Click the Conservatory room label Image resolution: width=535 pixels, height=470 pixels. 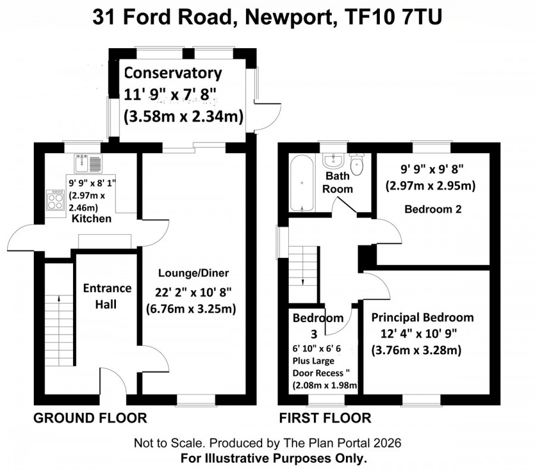pos(172,73)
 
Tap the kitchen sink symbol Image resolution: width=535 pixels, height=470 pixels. pos(88,163)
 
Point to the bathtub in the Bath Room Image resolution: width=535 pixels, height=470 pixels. pos(301,184)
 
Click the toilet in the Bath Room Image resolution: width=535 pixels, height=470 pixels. pos(357,164)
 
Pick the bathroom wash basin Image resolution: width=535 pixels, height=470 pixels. pos(333,160)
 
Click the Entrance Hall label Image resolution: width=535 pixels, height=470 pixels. pos(107,296)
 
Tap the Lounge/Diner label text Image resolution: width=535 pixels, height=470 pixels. pos(193,273)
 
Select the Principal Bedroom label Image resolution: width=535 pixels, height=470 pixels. pos(423,317)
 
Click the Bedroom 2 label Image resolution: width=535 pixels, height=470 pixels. pos(433,209)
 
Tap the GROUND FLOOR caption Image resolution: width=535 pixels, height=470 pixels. pos(90,418)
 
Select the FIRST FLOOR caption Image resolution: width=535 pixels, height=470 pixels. pos(325,418)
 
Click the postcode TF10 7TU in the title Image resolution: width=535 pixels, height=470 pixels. pos(394,17)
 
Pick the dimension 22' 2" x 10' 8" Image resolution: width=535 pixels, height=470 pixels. pos(193,292)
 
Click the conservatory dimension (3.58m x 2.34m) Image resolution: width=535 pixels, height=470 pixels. pos(184,116)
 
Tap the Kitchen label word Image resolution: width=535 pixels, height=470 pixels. pos(92,218)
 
